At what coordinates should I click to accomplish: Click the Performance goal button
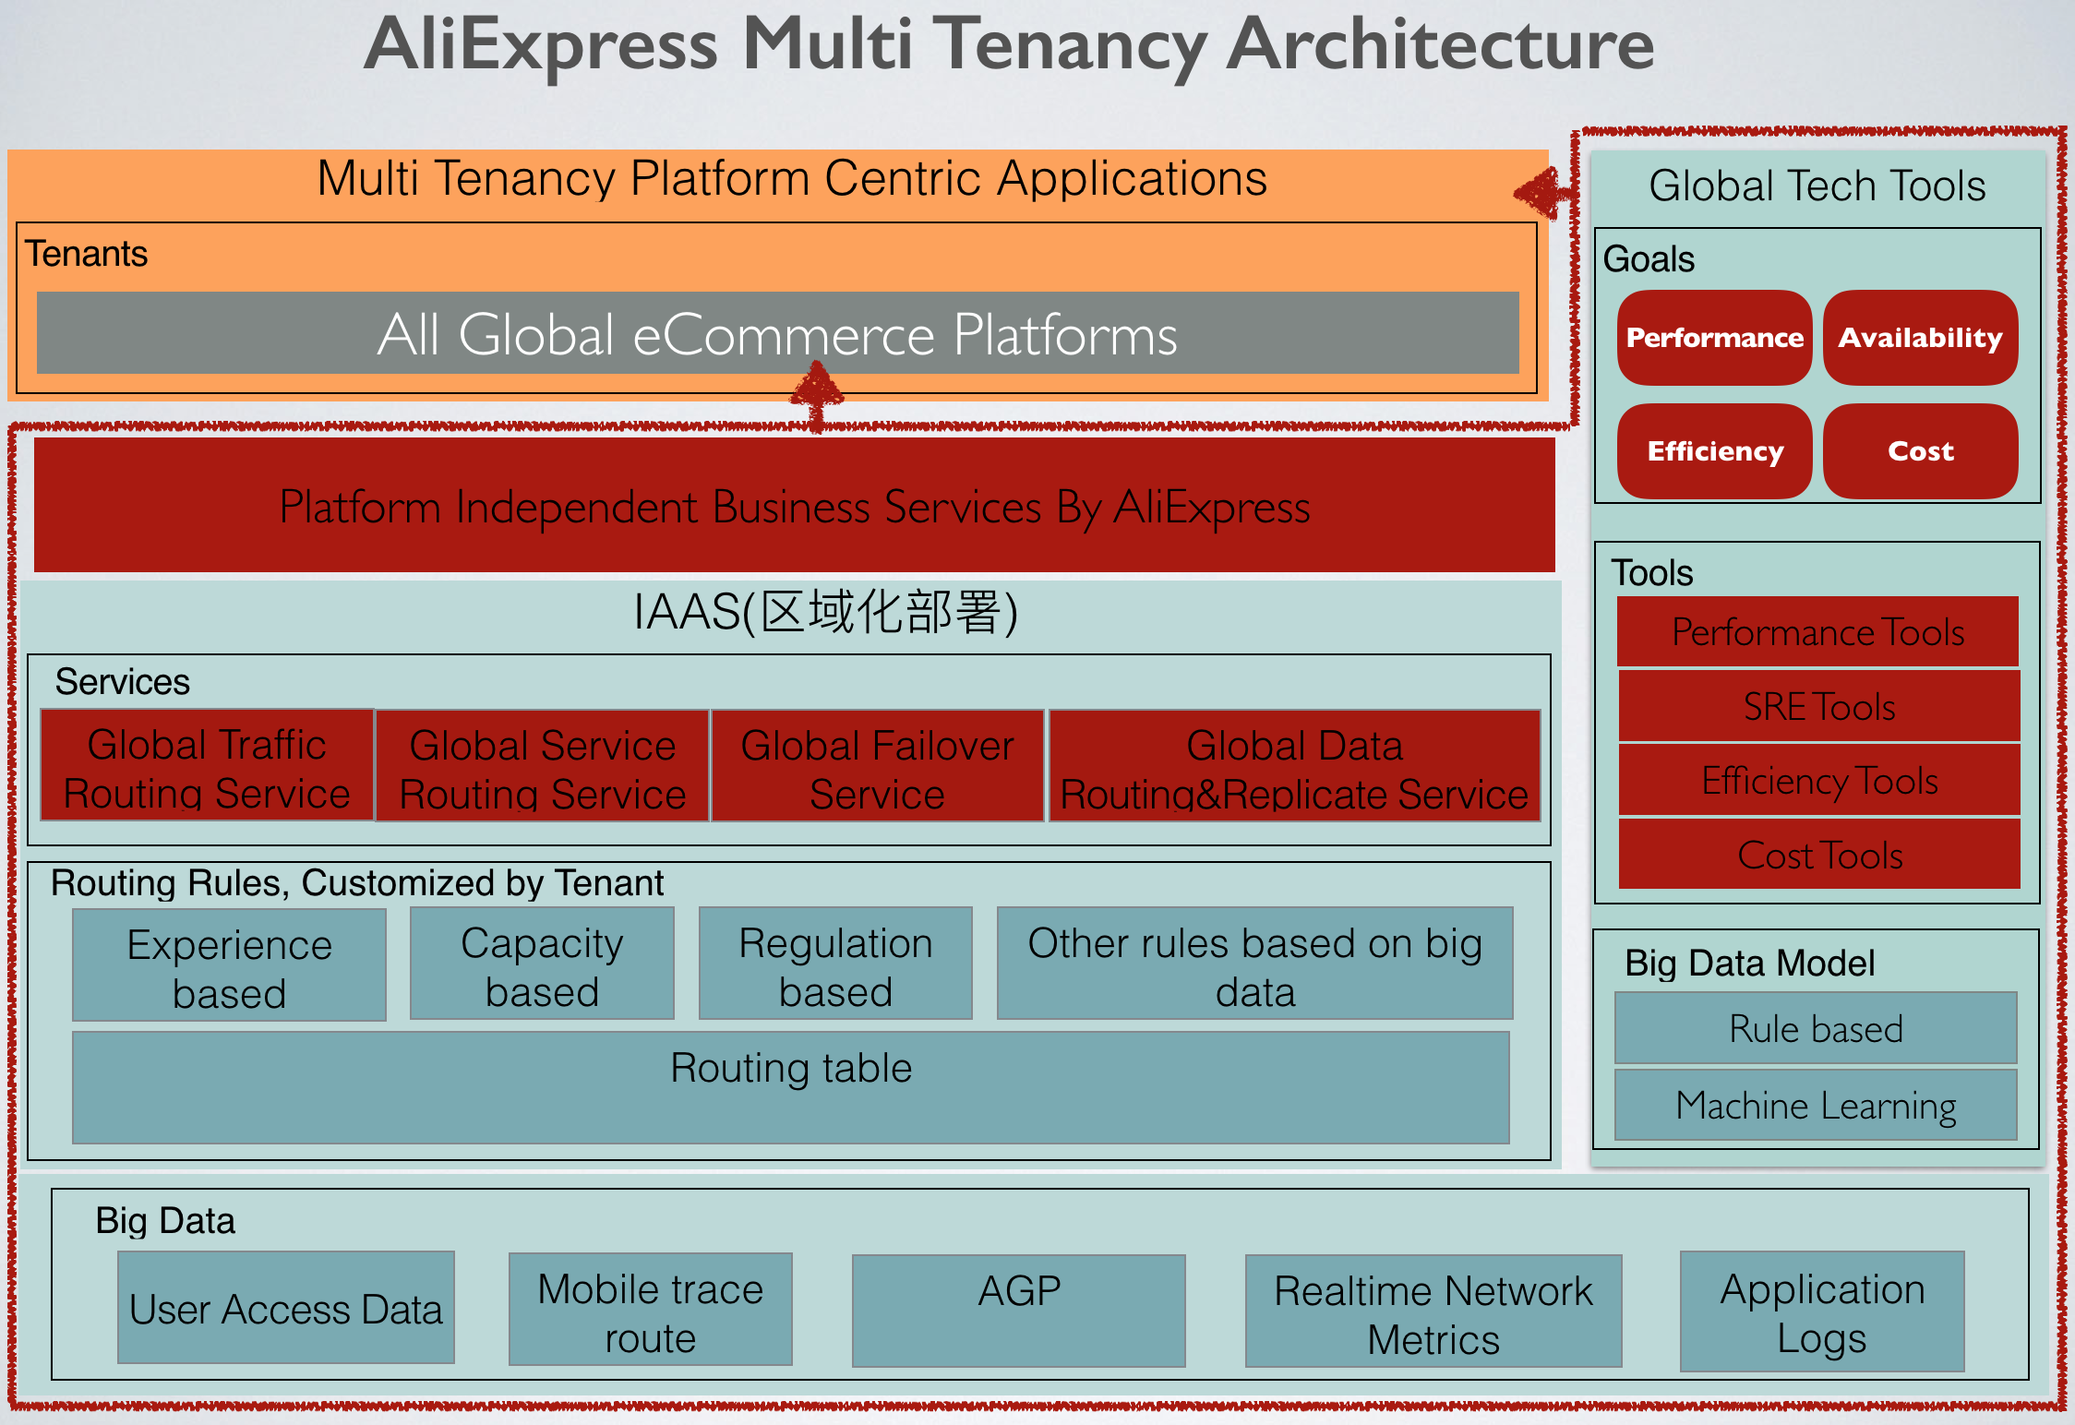(x=1714, y=338)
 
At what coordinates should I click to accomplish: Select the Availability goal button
(x=1920, y=338)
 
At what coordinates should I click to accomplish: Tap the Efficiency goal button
(x=1714, y=451)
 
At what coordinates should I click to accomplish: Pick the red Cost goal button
(x=1920, y=451)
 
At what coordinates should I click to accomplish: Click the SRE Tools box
(x=1818, y=707)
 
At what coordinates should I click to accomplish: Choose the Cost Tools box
(x=1818, y=856)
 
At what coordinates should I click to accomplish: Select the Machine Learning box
(x=1816, y=1106)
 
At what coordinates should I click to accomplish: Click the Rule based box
(x=1816, y=1028)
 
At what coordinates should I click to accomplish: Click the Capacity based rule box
(x=542, y=965)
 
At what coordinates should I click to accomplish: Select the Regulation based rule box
(x=835, y=965)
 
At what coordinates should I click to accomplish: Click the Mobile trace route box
(x=651, y=1311)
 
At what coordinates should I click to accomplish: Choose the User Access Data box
(x=286, y=1309)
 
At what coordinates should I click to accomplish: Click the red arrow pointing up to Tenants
(x=817, y=392)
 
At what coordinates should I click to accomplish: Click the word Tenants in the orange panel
(x=86, y=254)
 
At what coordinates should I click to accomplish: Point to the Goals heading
(x=1649, y=259)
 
